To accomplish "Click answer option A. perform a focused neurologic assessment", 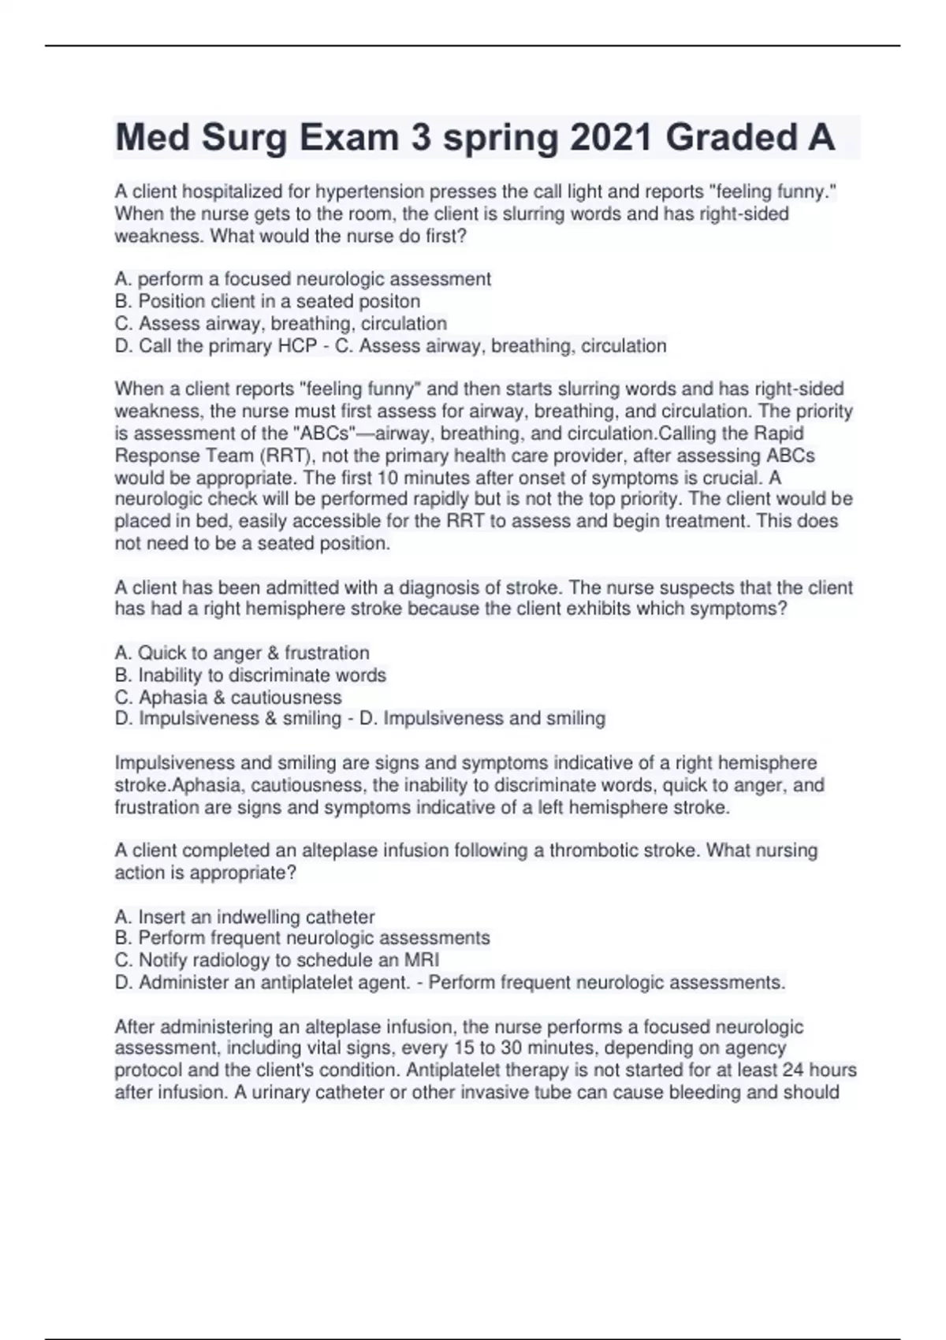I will point(303,279).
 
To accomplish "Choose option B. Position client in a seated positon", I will point(267,301).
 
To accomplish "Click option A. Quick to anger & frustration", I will point(242,653).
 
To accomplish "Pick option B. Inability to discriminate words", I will point(251,676).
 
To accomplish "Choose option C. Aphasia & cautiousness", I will point(229,698).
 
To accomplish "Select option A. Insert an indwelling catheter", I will point(244,917).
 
